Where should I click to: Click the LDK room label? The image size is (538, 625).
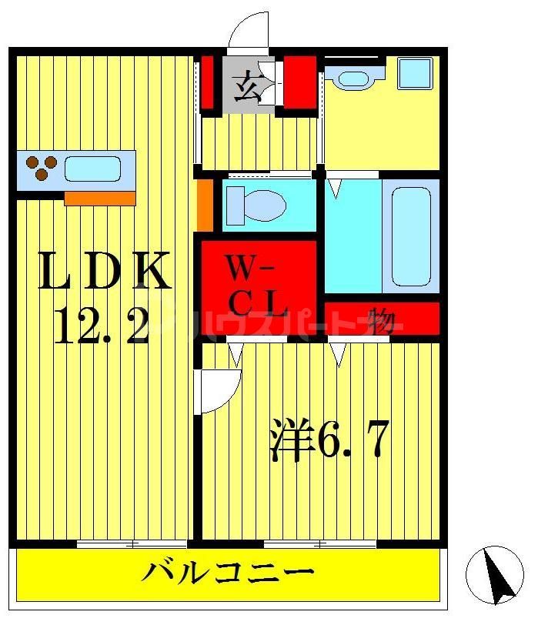click(x=103, y=272)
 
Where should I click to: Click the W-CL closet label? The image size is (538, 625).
click(x=257, y=286)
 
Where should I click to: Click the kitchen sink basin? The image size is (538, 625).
click(x=93, y=169)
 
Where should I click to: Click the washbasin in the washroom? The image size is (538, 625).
click(x=353, y=78)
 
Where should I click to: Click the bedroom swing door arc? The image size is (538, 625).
click(x=218, y=391)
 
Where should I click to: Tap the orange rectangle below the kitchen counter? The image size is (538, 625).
click(x=99, y=199)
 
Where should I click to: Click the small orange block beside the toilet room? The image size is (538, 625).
click(x=205, y=204)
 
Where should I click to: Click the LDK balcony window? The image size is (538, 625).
click(x=132, y=544)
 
